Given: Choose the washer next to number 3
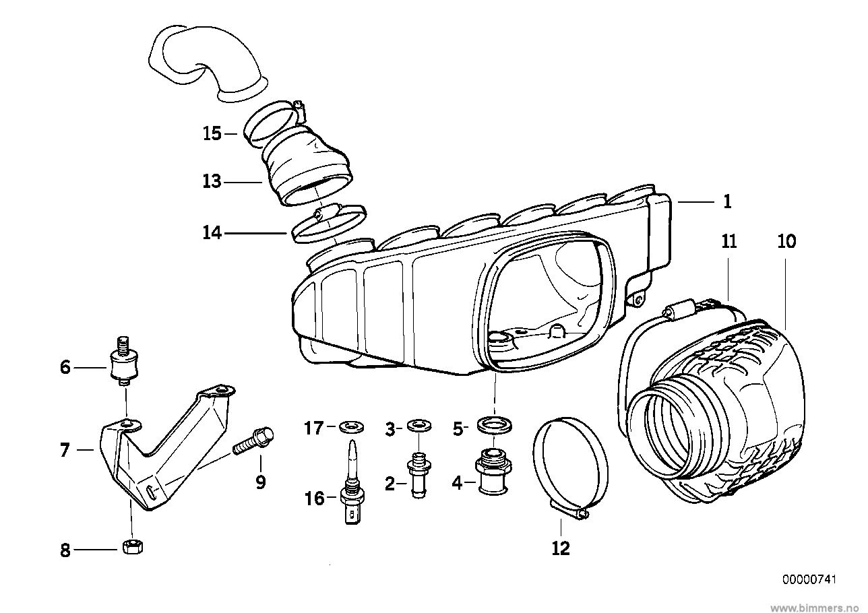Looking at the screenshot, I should coord(420,426).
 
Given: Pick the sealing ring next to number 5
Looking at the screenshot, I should coord(495,426).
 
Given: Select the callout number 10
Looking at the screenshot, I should coord(786,241).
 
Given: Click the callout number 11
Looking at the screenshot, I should coord(729,241).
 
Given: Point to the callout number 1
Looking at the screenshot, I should coord(727,201).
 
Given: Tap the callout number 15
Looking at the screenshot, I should coord(212,133).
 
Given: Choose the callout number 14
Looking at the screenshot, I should coord(212,233).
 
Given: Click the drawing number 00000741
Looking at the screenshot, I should coord(809,579).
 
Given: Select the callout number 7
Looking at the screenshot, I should coord(65,450).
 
